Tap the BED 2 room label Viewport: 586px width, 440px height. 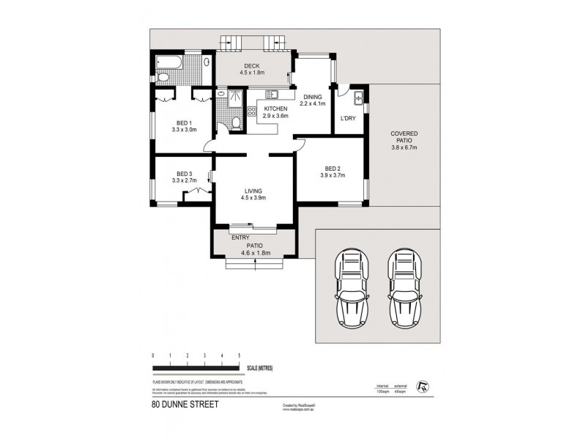[331, 171]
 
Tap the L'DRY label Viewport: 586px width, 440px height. [348, 120]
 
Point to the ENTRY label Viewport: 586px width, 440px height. [240, 238]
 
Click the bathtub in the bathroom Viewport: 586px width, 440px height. [168, 62]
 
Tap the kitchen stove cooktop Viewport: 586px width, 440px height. [251, 112]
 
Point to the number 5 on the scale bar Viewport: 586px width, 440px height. [239, 355]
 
